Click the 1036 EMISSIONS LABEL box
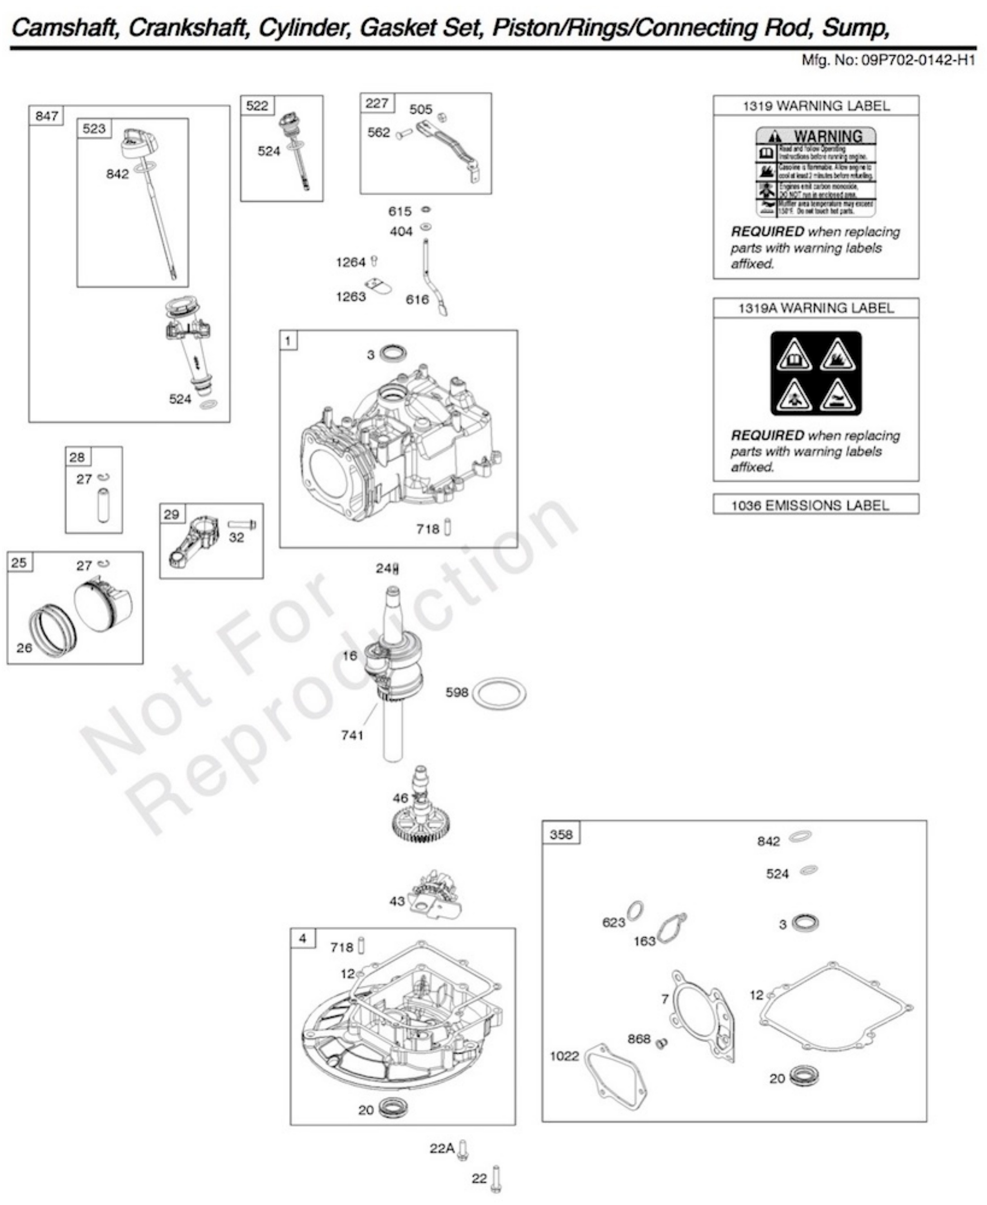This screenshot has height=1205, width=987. click(x=815, y=505)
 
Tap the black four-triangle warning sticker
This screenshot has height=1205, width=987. click(x=816, y=373)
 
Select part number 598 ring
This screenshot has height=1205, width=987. click(x=499, y=693)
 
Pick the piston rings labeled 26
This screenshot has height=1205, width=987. click(x=53, y=629)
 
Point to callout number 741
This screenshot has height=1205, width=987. click(x=352, y=735)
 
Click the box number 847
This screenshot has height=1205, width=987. click(x=47, y=116)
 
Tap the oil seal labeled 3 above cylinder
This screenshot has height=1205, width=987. click(x=393, y=353)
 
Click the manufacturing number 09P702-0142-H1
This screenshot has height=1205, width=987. click(x=918, y=60)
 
